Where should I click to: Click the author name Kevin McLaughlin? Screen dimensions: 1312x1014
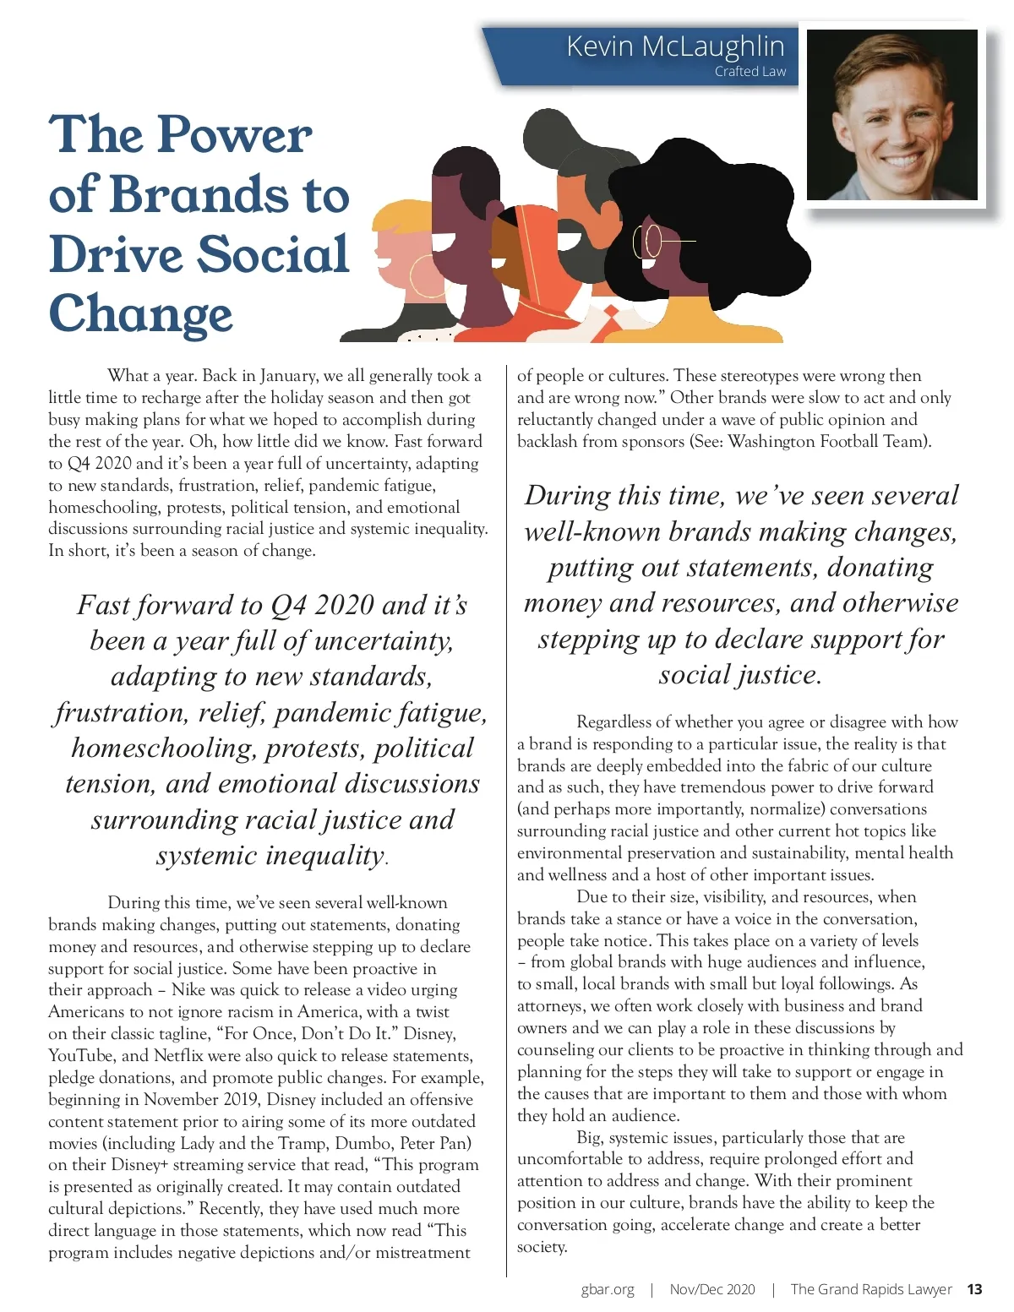tap(674, 46)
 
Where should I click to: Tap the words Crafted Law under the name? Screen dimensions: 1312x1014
tap(750, 72)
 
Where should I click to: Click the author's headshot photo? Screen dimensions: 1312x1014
tap(892, 115)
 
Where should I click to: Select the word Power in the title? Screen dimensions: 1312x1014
tap(235, 135)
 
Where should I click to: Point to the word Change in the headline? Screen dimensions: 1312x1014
tap(140, 314)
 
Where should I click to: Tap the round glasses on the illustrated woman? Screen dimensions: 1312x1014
tap(649, 241)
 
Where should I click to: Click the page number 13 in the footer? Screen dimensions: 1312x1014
tap(974, 1289)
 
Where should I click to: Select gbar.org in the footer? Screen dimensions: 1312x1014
tap(608, 1289)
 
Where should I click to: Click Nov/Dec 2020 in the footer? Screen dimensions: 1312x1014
tap(712, 1289)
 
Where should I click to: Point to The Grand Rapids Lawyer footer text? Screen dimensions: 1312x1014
tap(870, 1289)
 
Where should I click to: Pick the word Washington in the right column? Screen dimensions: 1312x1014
tap(771, 442)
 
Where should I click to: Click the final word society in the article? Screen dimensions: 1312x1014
tap(541, 1248)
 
